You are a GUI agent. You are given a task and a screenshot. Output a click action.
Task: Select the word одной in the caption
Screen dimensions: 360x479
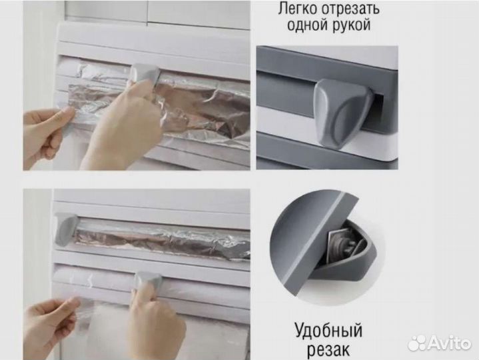click(307, 27)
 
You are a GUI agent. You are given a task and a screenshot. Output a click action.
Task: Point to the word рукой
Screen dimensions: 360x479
click(352, 27)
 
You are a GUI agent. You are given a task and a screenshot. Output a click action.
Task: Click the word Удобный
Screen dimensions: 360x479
click(329, 331)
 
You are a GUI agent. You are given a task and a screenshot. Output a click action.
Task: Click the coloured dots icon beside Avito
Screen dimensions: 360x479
click(417, 343)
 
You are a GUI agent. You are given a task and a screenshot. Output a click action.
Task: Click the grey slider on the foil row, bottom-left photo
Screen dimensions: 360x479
click(66, 227)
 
